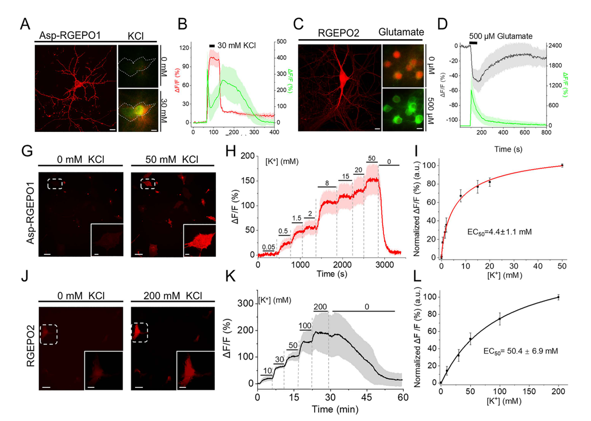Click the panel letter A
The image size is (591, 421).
(x=25, y=24)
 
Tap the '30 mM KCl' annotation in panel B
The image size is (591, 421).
(x=236, y=46)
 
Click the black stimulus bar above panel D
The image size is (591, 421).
(x=473, y=43)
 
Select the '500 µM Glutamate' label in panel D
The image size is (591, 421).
(x=501, y=36)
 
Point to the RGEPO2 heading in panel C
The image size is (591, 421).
(x=338, y=33)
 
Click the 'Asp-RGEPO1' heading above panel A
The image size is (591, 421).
(x=70, y=35)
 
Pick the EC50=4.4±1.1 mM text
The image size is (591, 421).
(x=499, y=232)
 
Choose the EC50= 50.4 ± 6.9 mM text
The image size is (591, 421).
(x=520, y=351)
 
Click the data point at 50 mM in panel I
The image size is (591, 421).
(x=562, y=166)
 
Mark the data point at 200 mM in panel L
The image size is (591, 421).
(x=559, y=297)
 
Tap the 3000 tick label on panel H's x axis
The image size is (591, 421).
(x=385, y=265)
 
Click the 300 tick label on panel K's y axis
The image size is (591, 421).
(x=245, y=303)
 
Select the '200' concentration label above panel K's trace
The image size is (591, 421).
(x=320, y=307)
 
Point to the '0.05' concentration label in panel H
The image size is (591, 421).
(x=268, y=247)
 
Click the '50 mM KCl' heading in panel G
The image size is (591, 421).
(x=172, y=160)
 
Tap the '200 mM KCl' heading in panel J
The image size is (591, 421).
(x=173, y=296)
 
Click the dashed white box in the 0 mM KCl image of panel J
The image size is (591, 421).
(x=49, y=334)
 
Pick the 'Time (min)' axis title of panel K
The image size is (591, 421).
(x=335, y=409)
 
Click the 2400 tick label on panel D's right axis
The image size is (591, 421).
(x=554, y=46)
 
